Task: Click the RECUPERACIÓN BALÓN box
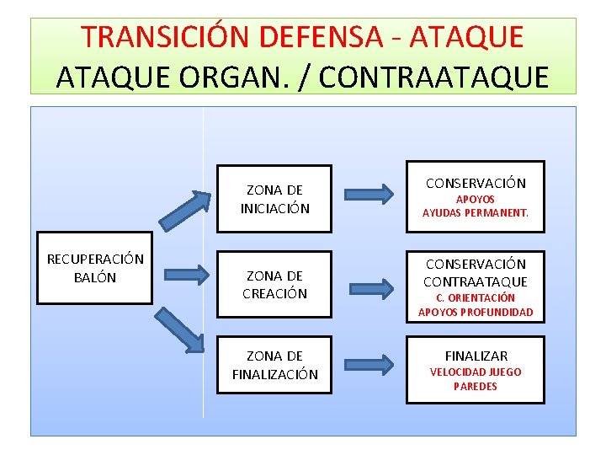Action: click(95, 268)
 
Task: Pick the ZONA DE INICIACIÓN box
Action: click(274, 200)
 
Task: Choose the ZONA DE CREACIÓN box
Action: click(274, 285)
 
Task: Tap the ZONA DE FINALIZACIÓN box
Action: click(274, 365)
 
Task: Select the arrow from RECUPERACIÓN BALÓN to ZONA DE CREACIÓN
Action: click(185, 273)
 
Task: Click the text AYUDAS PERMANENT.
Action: click(476, 213)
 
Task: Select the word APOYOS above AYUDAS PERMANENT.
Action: click(476, 199)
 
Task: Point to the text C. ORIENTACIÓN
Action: click(476, 297)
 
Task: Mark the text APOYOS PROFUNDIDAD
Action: click(476, 313)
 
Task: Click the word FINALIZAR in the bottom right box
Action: click(476, 356)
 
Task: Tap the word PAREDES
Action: click(476, 387)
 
